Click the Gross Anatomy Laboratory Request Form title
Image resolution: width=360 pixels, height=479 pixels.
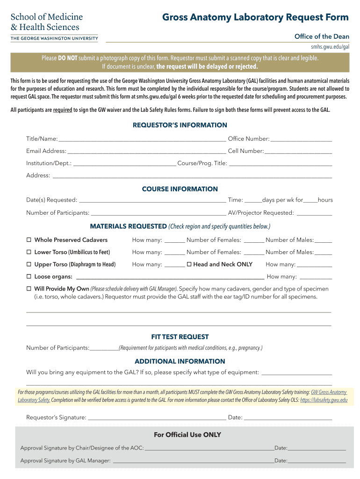tap(255, 18)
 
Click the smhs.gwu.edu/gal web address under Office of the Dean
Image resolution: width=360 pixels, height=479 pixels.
tap(330, 47)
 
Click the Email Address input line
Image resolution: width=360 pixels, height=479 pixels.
tap(146, 151)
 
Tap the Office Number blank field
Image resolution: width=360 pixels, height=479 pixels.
tap(302, 139)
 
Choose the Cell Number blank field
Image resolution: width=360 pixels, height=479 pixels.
tap(299, 151)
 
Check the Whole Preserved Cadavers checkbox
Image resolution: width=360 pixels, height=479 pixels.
tap(29, 240)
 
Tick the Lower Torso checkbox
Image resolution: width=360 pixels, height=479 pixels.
tap(29, 252)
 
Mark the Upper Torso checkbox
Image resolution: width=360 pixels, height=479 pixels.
tap(29, 264)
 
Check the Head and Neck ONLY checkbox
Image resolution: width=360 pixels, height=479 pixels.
tap(189, 264)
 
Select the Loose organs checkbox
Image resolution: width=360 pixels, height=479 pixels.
tap(29, 276)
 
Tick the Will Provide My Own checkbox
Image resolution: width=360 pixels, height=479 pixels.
tap(29, 289)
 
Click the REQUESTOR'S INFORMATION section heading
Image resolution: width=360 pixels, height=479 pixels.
tap(180, 125)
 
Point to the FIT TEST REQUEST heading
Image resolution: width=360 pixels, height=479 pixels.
tap(180, 337)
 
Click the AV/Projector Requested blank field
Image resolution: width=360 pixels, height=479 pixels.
tap(314, 213)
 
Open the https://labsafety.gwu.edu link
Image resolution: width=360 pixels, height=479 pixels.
tap(324, 400)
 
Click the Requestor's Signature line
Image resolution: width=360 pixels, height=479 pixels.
tap(157, 418)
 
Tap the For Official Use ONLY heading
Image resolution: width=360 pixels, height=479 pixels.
tap(187, 435)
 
